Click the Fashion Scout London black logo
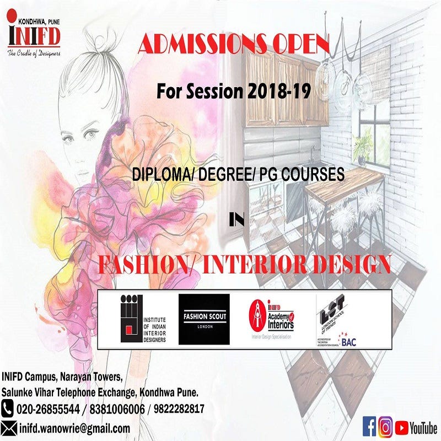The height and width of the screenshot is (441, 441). tap(205, 319)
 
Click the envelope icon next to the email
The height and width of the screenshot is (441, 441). tap(9, 428)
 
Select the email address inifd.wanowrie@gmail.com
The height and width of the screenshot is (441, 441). tap(75, 428)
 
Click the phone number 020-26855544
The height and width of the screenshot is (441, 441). tap(49, 409)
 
